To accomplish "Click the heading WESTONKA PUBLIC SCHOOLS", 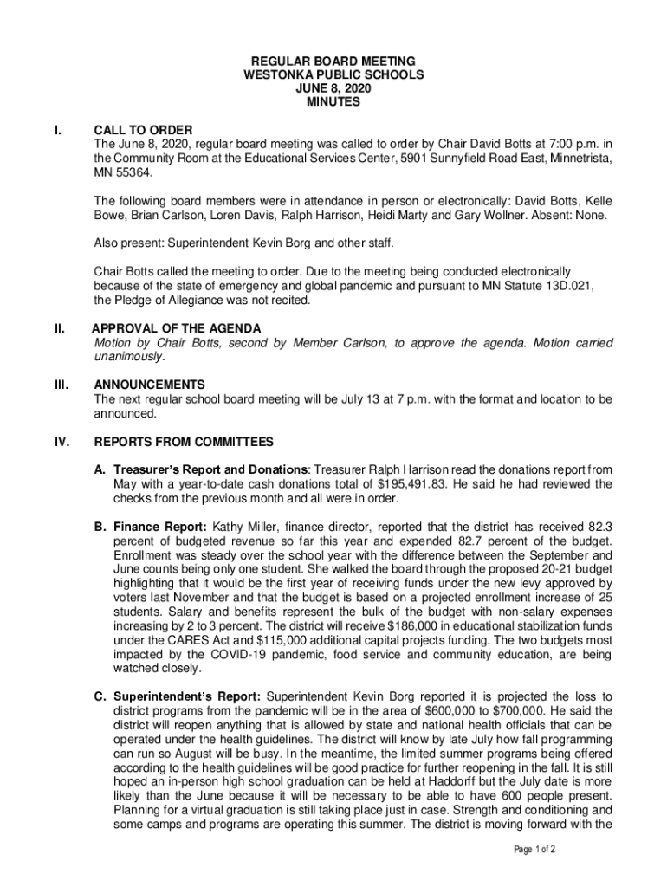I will click(x=333, y=75).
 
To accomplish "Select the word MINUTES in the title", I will click(x=333, y=102).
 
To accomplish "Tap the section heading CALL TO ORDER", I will click(x=143, y=130).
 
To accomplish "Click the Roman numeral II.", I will click(x=60, y=328).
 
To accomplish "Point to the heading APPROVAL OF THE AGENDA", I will click(x=177, y=328).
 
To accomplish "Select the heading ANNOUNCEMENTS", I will click(x=149, y=385).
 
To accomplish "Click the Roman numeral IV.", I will click(x=62, y=442).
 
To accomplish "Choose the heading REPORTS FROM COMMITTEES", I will click(x=184, y=442).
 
